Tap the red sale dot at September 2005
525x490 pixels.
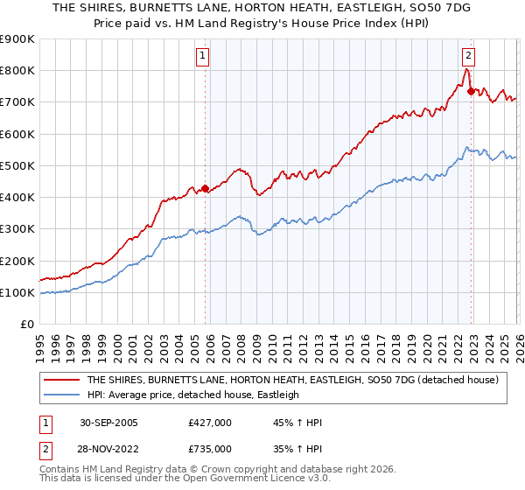206,188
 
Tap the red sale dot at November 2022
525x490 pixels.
471,90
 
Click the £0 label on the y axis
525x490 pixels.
26,324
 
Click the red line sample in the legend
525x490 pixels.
61,380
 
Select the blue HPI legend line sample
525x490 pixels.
61,395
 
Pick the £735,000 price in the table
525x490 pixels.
211,448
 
